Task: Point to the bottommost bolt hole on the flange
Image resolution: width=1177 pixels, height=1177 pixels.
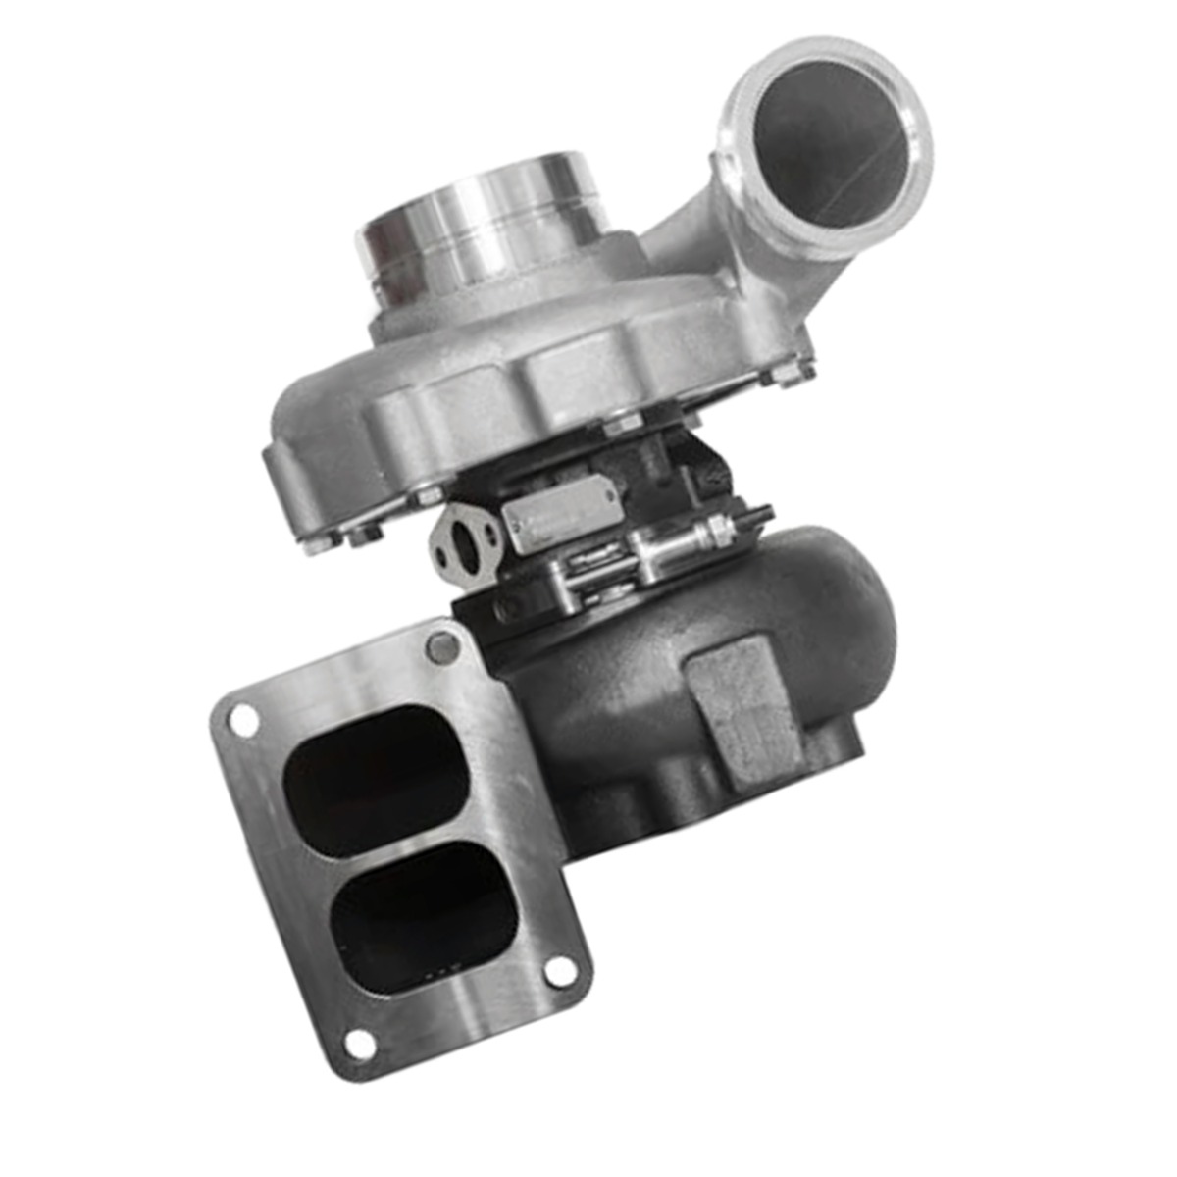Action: (361, 1044)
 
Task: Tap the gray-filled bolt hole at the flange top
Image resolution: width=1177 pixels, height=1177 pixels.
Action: (442, 647)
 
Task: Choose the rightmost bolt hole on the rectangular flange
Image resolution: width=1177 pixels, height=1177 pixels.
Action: (560, 970)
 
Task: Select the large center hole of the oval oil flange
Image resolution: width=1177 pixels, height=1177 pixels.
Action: (466, 550)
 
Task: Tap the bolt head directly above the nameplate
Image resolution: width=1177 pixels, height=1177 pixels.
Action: (621, 424)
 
